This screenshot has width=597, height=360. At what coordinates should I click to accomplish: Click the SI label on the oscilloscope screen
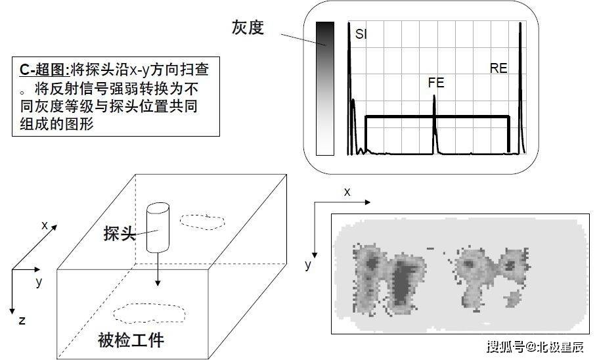(x=361, y=35)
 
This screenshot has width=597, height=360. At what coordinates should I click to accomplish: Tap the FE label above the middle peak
(x=435, y=83)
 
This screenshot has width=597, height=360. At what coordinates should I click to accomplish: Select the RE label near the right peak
(x=498, y=68)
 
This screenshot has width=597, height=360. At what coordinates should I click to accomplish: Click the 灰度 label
(x=248, y=28)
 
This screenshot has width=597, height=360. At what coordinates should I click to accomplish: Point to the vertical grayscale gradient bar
(x=324, y=89)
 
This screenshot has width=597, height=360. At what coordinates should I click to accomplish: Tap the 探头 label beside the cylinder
(x=120, y=233)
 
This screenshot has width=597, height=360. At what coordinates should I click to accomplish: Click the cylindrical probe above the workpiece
(x=157, y=227)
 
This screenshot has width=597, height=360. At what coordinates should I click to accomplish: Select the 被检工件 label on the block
(x=131, y=340)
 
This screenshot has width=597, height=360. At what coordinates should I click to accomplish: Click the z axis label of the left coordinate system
(x=22, y=321)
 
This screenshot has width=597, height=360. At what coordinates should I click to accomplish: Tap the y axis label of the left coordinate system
(x=39, y=282)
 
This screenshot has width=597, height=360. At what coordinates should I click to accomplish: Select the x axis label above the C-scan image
(x=347, y=192)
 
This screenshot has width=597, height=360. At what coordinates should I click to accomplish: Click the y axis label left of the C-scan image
(x=307, y=265)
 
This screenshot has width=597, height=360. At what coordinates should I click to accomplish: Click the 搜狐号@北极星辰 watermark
(x=535, y=347)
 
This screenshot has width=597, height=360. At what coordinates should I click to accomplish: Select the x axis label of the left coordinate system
(x=45, y=225)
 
